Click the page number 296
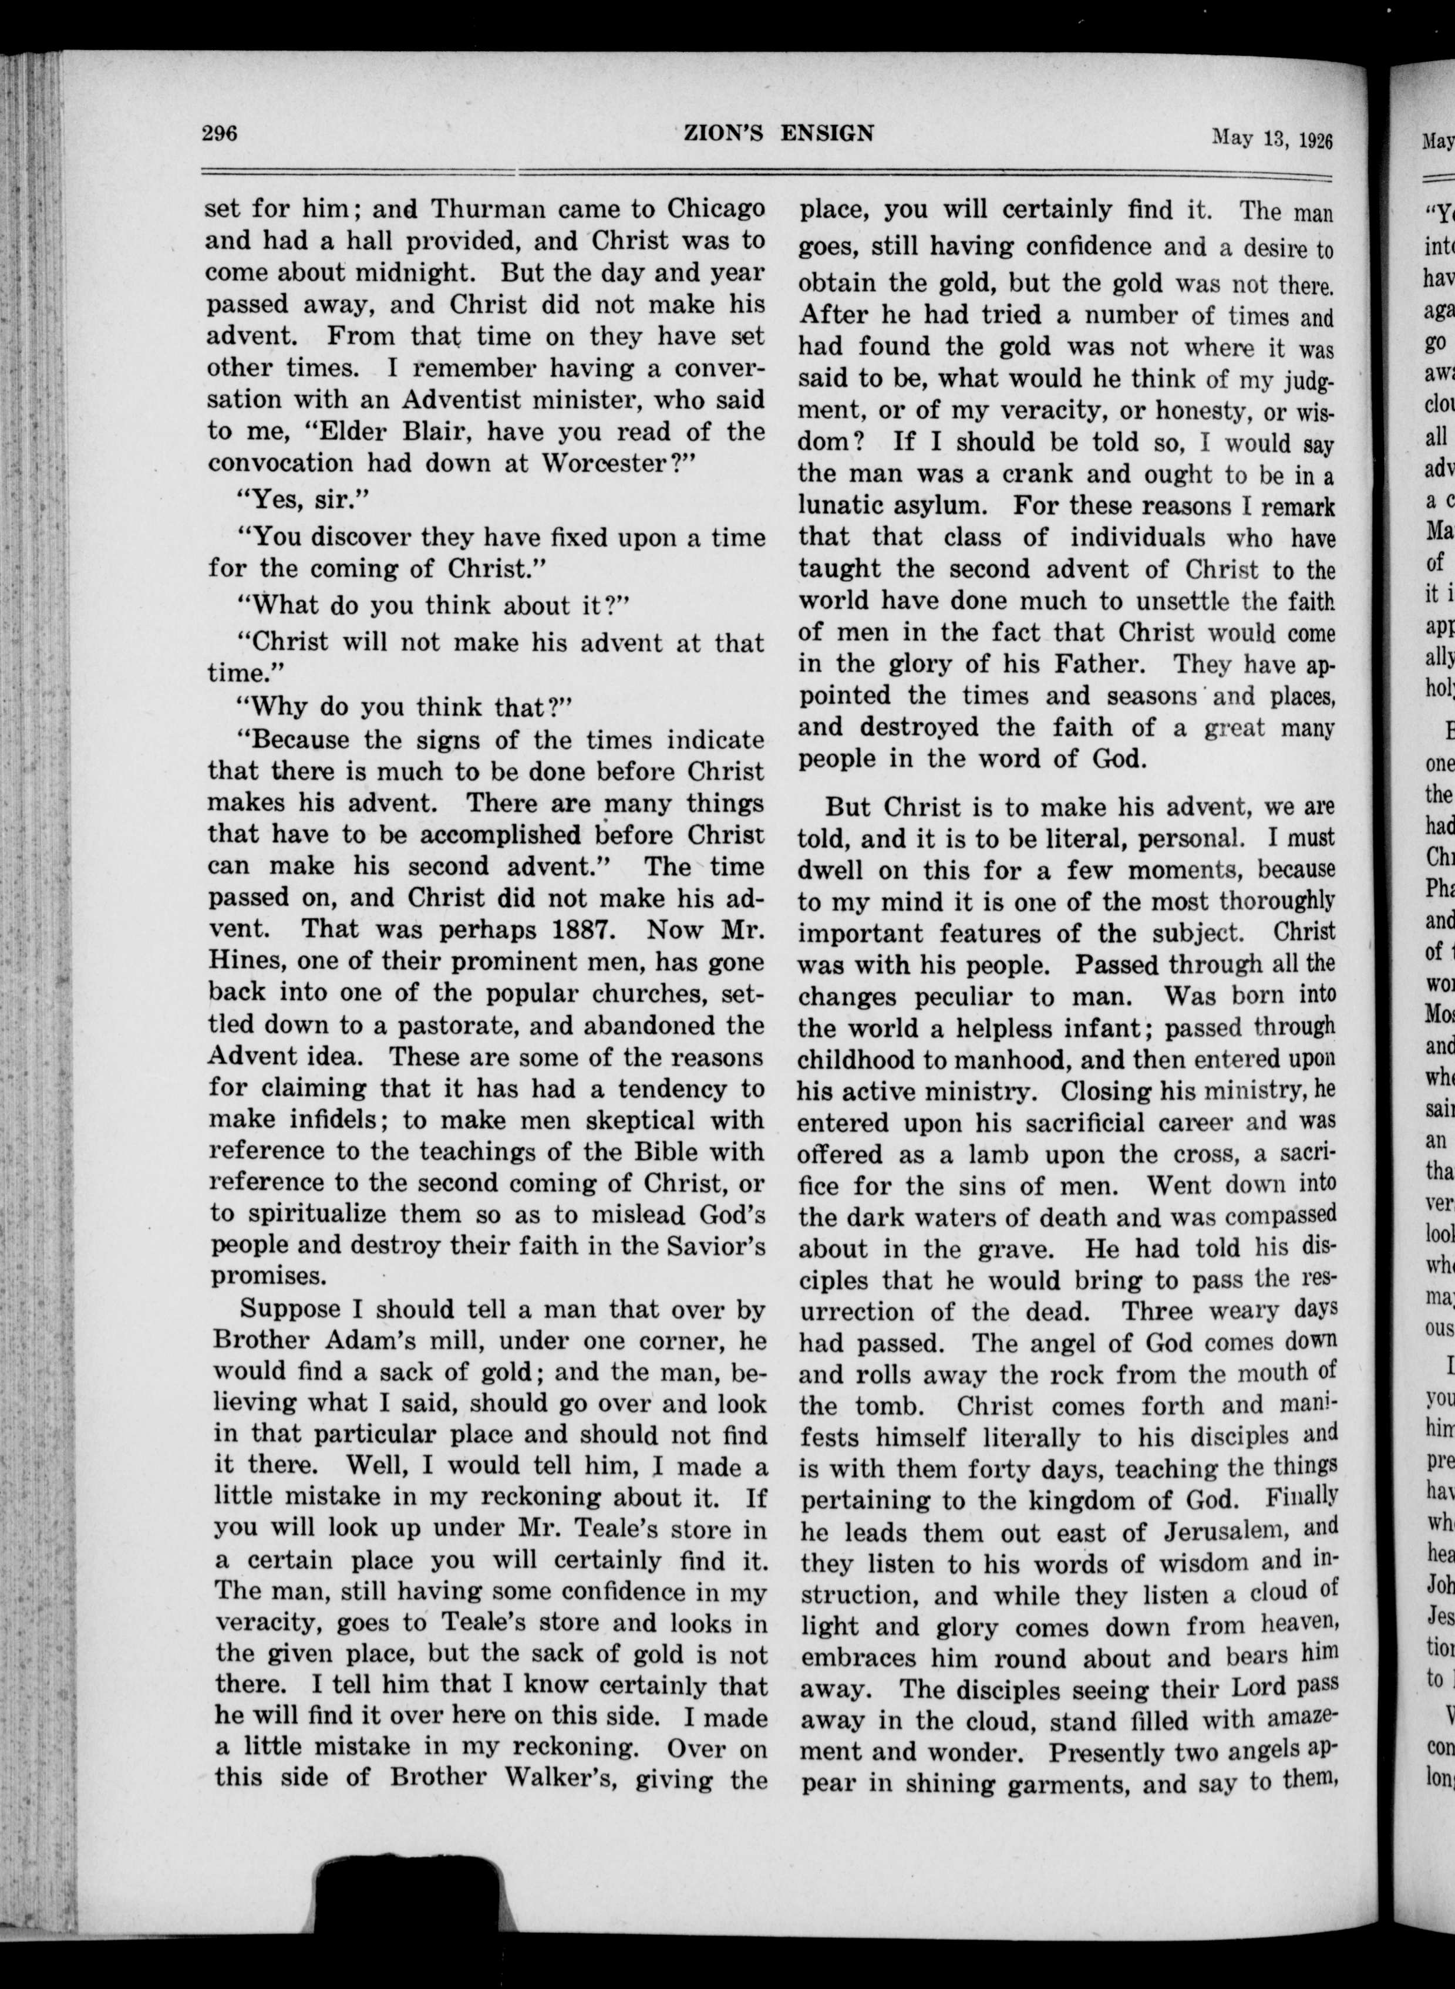click(220, 134)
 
